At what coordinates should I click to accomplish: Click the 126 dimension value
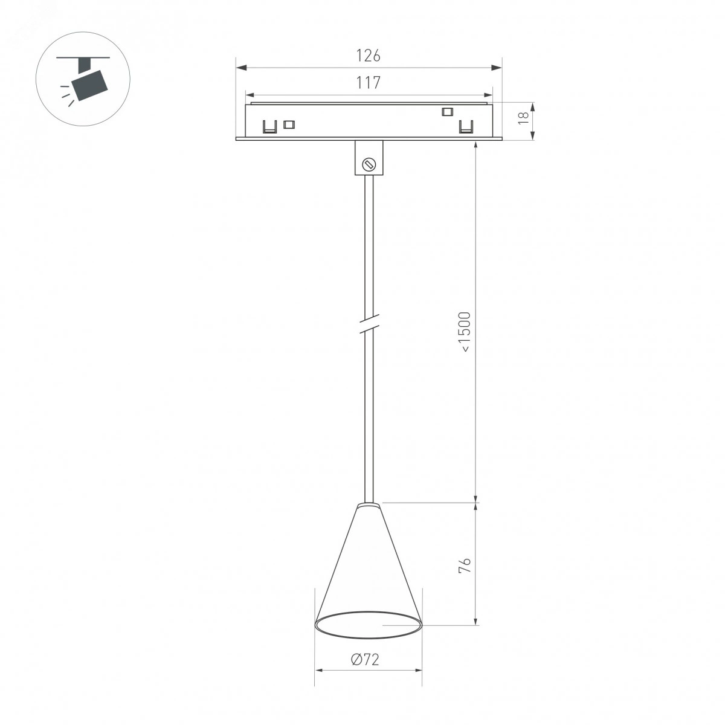369,56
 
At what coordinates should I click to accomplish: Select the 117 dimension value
369,83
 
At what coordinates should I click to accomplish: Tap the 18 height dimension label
523,118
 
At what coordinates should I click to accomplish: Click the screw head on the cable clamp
369,164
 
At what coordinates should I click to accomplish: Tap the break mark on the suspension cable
369,324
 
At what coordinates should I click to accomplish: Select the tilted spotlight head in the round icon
90,85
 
